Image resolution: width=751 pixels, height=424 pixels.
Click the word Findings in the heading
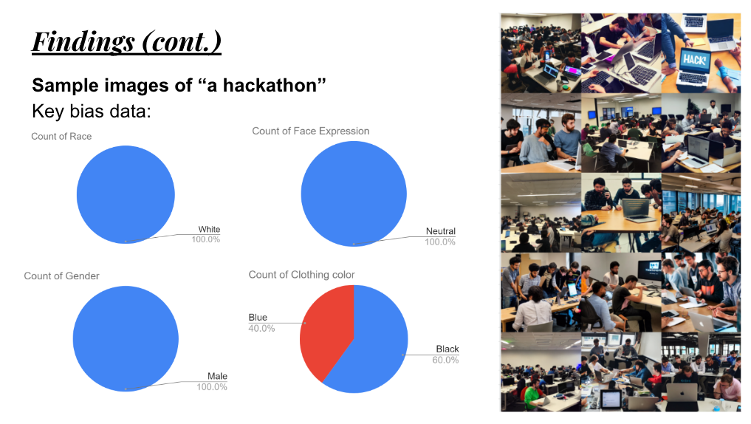83,41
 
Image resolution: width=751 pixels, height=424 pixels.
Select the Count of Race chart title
61,137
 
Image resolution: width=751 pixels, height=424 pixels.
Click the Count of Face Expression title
310,131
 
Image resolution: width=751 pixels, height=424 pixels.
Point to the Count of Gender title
62,276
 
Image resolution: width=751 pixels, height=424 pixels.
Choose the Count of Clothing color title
301,275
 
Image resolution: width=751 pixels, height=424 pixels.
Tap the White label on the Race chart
209,230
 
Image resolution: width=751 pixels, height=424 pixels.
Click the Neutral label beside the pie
441,231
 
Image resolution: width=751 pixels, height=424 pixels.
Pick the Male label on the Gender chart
217,377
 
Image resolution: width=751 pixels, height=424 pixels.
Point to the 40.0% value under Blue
261,329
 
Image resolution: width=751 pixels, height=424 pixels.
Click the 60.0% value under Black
445,360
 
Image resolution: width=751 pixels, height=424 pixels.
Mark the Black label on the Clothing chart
447,349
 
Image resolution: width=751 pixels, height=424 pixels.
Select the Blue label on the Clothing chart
258,318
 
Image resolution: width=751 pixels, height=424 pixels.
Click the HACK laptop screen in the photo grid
694,61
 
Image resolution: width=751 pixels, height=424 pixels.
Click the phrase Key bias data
91,111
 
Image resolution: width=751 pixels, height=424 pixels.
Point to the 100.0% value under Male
212,387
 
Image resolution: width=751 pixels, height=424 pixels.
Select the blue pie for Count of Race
126,194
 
